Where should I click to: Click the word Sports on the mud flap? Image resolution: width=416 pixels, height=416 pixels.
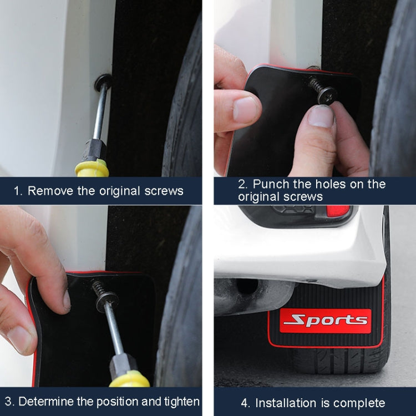pos(325,321)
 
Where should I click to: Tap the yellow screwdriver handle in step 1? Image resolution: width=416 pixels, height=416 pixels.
pos(92,168)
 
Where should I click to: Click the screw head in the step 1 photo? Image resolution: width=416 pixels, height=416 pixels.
pos(103,83)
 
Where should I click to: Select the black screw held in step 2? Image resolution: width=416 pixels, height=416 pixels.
pos(322,89)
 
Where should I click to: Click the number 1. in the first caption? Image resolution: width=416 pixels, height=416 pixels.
pos(18,191)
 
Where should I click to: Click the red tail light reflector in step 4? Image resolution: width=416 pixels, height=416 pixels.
pos(338,211)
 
